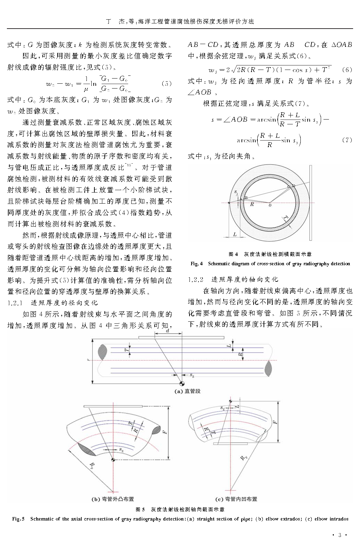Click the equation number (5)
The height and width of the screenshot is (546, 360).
pyautogui.click(x=166, y=84)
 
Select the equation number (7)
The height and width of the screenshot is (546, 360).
pyautogui.click(x=347, y=140)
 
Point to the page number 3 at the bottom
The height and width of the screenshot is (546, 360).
pyautogui.click(x=339, y=535)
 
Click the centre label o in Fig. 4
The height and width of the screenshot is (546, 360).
pyautogui.click(x=269, y=205)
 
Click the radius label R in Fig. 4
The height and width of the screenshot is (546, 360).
pyautogui.click(x=252, y=204)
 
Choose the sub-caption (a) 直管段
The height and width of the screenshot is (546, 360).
pyautogui.click(x=187, y=391)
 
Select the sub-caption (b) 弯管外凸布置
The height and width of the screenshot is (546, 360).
pyautogui.click(x=113, y=499)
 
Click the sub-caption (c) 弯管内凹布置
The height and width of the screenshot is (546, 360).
pyautogui.click(x=236, y=499)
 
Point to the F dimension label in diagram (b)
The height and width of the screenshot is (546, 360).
pyautogui.click(x=165, y=431)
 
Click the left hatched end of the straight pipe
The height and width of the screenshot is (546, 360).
pyautogui.click(x=103, y=352)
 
